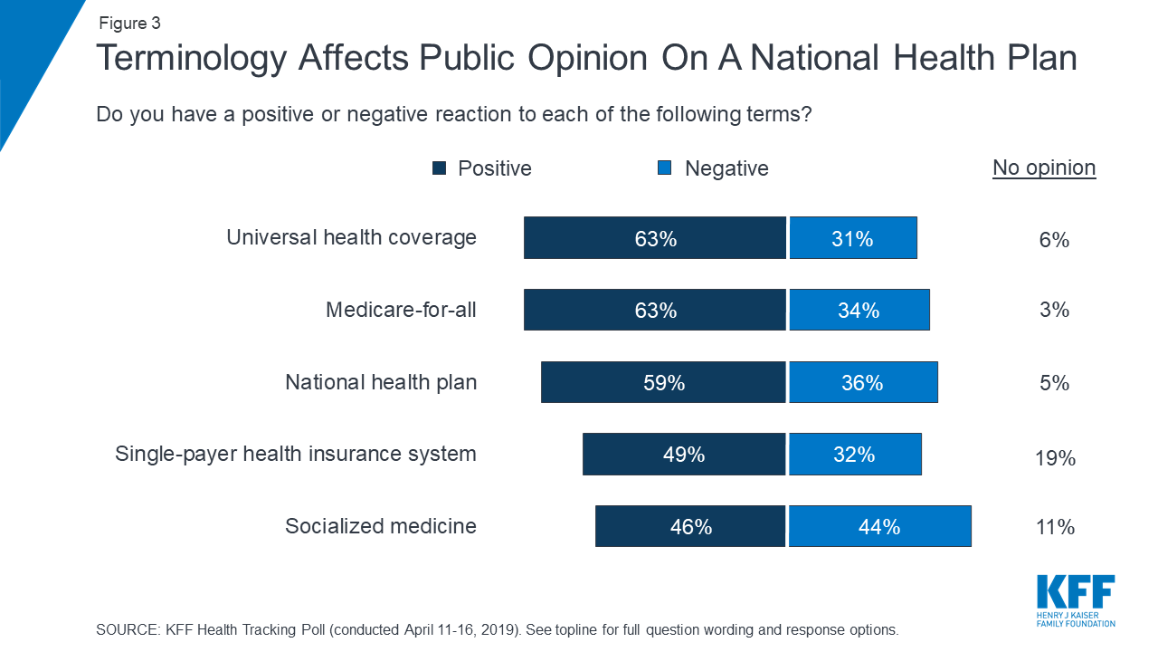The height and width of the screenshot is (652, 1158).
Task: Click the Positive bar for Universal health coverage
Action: pyautogui.click(x=655, y=238)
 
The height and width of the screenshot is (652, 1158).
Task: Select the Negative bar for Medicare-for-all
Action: pyautogui.click(x=859, y=310)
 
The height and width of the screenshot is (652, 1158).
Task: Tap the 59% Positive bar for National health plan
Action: pyautogui.click(x=663, y=382)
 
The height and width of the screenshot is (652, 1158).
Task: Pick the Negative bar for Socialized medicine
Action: pyautogui.click(x=879, y=526)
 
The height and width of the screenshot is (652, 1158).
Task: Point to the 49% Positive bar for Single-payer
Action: pyautogui.click(x=684, y=454)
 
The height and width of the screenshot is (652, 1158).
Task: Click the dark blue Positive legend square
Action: pyautogui.click(x=441, y=168)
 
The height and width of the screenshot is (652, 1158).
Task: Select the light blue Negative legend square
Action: pyautogui.click(x=665, y=168)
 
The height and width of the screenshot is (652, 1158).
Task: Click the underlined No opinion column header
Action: pyautogui.click(x=1044, y=168)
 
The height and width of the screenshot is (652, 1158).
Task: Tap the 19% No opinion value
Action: pyautogui.click(x=1055, y=458)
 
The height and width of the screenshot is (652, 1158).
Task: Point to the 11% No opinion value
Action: pyautogui.click(x=1055, y=527)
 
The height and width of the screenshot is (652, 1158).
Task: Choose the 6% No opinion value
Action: pyautogui.click(x=1055, y=240)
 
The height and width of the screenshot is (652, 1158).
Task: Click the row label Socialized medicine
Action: pyautogui.click(x=381, y=526)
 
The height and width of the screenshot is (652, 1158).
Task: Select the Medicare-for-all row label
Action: pyautogui.click(x=401, y=310)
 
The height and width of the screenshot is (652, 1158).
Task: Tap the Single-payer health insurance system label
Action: pyautogui.click(x=296, y=454)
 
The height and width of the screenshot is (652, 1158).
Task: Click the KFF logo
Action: pyautogui.click(x=1076, y=600)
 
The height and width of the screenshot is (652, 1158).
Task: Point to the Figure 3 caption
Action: pyautogui.click(x=130, y=24)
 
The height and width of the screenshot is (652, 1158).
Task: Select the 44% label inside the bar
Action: pyautogui.click(x=879, y=526)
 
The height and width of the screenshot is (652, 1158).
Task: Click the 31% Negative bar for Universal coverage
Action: pyautogui.click(x=852, y=238)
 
